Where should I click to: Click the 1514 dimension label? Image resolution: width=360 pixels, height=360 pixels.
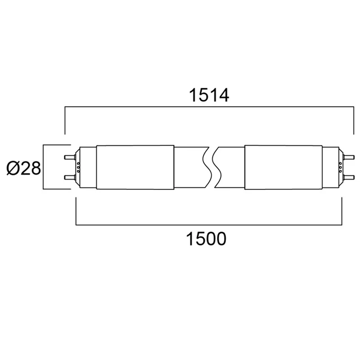tap(209, 95)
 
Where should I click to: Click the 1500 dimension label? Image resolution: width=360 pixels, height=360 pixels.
tap(207, 239)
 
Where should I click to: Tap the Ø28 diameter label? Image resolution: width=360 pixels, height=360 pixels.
tap(24, 168)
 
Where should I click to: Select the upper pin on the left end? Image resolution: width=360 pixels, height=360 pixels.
tap(70, 157)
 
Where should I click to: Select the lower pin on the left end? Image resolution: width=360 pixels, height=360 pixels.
tap(70, 177)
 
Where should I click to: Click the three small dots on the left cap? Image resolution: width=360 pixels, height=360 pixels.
tap(78, 167)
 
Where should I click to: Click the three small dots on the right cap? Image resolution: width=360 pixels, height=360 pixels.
tap(341, 167)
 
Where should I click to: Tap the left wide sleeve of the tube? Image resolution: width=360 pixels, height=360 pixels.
tap(135, 167)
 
